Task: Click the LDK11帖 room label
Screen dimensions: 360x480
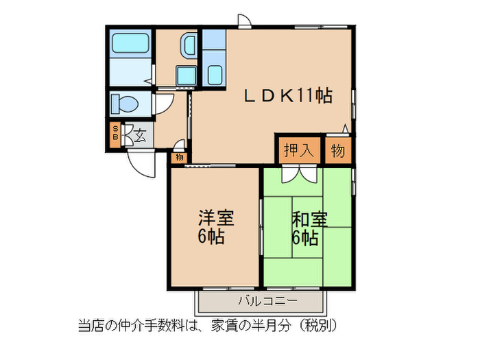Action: pyautogui.click(x=288, y=97)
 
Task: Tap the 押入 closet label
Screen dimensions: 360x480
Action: pyautogui.click(x=298, y=150)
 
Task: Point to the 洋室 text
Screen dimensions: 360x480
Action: pyautogui.click(x=216, y=219)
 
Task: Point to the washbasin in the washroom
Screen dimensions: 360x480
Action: pyautogui.click(x=187, y=47)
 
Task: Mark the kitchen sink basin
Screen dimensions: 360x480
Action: pyautogui.click(x=214, y=73)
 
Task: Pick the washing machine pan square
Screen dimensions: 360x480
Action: pyautogui.click(x=185, y=74)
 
